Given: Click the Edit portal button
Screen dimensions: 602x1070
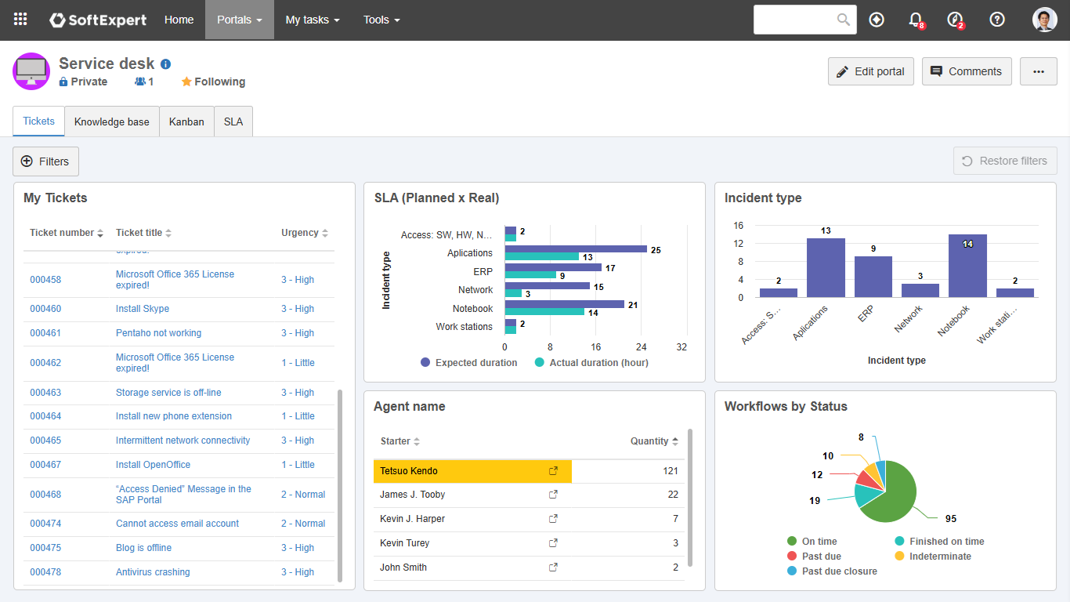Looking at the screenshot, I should [x=870, y=71].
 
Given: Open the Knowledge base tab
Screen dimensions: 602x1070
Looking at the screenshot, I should [x=111, y=122].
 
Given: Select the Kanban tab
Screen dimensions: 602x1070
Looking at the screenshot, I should [x=186, y=122].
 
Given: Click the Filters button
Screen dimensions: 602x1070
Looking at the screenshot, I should [x=45, y=161].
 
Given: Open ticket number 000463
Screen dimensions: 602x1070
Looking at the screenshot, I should [x=45, y=393].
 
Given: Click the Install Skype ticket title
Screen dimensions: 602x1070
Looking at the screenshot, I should [x=143, y=309].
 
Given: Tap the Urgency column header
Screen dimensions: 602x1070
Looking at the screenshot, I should [x=300, y=233].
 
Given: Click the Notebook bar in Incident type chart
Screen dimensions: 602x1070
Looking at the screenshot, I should [x=967, y=267].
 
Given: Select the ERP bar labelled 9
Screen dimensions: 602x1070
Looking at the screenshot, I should [x=873, y=277].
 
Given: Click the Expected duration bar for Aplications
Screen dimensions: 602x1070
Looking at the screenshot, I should [x=576, y=249].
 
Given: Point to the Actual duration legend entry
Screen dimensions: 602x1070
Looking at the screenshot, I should [x=598, y=363].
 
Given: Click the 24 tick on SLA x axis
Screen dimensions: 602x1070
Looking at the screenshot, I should [x=641, y=347].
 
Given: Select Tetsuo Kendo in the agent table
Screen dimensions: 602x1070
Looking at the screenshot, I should [x=409, y=471].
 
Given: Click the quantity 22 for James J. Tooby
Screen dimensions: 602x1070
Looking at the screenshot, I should [x=673, y=495].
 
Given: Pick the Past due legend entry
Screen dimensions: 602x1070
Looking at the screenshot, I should [x=821, y=557].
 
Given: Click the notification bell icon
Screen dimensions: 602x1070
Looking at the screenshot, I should [x=915, y=20].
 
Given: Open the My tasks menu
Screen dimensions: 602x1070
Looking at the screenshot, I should [x=312, y=20].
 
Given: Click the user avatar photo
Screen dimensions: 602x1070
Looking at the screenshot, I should [x=1044, y=20].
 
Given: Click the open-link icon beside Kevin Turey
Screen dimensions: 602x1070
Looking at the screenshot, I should [x=553, y=543].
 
